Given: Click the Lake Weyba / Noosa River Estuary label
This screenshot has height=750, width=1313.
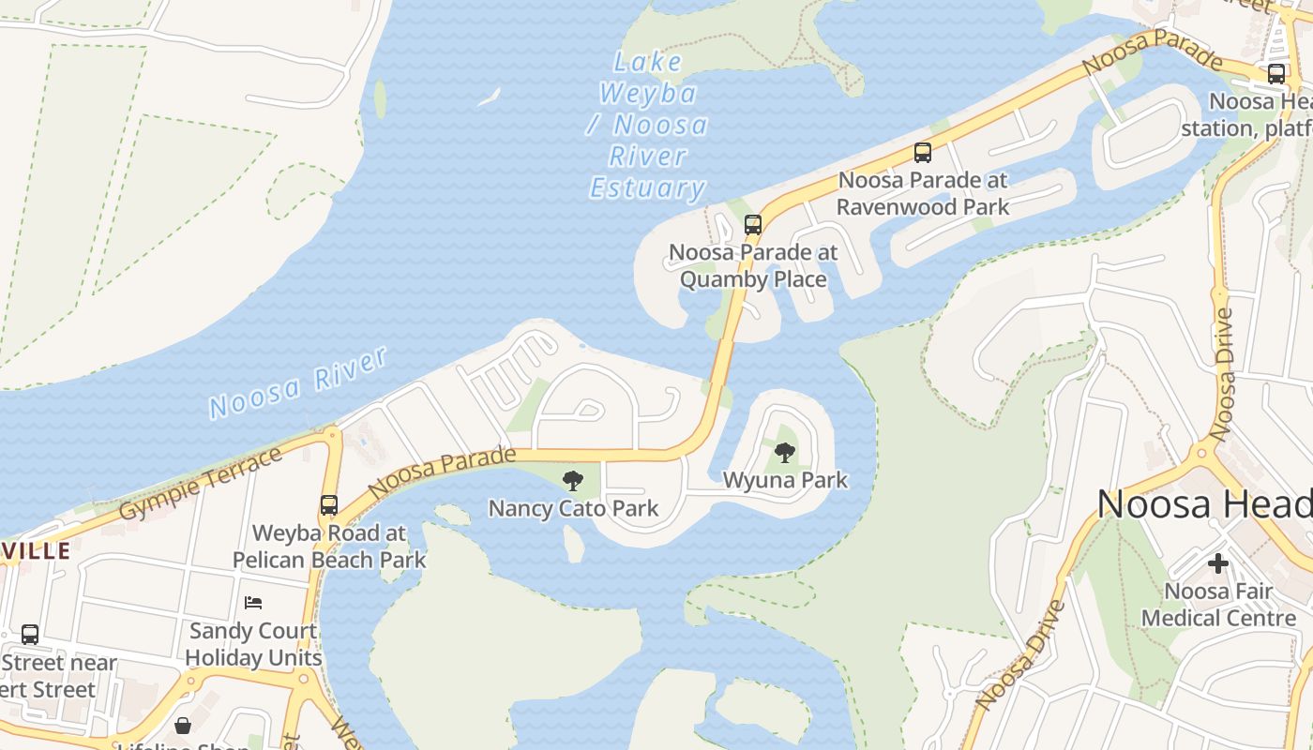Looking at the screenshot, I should tap(647, 125).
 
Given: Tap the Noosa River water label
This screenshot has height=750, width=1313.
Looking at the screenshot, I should tap(298, 382).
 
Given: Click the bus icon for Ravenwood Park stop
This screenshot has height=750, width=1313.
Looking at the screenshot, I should tap(923, 152).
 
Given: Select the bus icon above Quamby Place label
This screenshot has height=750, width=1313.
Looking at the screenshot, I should tap(753, 225).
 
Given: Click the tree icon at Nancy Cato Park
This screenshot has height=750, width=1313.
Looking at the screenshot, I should tap(572, 482).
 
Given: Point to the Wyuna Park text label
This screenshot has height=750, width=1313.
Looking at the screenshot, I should tap(785, 480).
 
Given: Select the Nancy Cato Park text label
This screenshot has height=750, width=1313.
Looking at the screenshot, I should tap(573, 509).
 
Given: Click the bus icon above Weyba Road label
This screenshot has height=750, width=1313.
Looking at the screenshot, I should tap(328, 505).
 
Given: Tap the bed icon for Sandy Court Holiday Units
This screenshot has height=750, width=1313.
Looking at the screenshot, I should tap(253, 602).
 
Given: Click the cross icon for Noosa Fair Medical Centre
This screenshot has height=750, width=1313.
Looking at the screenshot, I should tap(1218, 563).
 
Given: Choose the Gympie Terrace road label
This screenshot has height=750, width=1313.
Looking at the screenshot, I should tap(201, 484).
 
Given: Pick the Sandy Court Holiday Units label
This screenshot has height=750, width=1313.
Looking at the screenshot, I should tap(253, 644).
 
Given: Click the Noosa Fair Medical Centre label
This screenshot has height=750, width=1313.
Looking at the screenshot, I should tap(1218, 605).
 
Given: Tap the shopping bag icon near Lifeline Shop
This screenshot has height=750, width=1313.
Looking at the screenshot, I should tap(183, 726).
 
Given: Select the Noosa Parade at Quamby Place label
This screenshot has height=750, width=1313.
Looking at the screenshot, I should tap(753, 265).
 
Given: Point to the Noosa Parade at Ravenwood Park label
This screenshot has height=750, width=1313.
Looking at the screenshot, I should tap(923, 193).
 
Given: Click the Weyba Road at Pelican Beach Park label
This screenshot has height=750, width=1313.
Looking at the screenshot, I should tap(329, 547).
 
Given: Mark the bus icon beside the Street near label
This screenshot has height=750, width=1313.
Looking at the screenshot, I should tap(30, 635).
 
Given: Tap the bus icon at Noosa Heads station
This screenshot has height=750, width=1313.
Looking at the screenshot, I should tap(1276, 74).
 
